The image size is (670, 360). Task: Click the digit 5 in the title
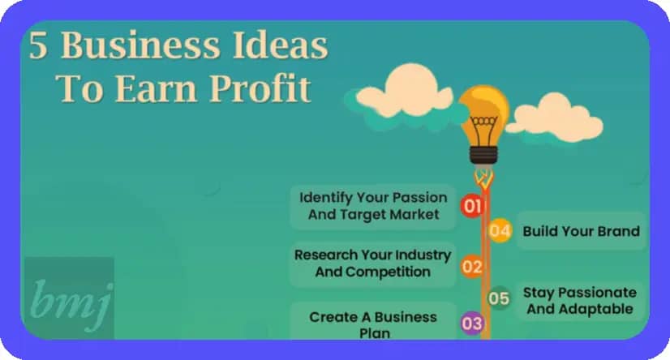(x=38, y=45)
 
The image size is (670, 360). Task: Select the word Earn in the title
(x=157, y=89)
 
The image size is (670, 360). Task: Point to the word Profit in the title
(x=260, y=88)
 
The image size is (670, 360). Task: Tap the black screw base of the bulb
(x=483, y=155)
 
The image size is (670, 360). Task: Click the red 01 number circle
(x=472, y=206)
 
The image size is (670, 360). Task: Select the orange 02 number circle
(x=472, y=267)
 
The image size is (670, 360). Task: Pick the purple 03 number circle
(x=472, y=324)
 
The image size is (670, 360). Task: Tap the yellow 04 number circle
(x=500, y=230)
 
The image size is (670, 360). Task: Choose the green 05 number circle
(x=499, y=298)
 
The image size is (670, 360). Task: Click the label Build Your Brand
(x=581, y=231)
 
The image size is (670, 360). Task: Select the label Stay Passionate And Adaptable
(x=580, y=301)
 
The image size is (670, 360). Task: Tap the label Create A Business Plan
(x=373, y=324)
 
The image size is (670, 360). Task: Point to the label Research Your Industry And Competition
(x=372, y=263)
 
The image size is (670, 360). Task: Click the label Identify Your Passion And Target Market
(x=373, y=206)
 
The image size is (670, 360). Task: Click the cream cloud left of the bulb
(x=405, y=92)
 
